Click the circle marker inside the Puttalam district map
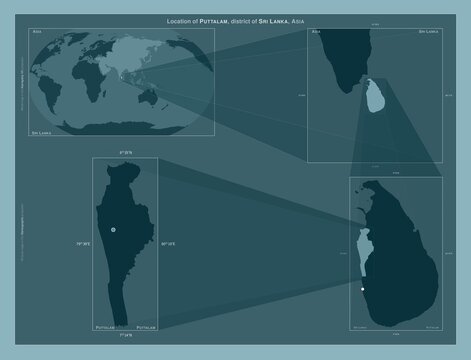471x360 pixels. pyautogui.click(x=114, y=229)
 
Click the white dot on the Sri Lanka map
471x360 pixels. pyautogui.click(x=363, y=289)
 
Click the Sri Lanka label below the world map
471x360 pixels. pyautogui.click(x=42, y=132)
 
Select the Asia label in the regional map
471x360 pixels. pyautogui.click(x=317, y=33)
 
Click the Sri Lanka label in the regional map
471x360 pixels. pyautogui.click(x=429, y=33)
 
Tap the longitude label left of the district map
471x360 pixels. pyautogui.click(x=83, y=242)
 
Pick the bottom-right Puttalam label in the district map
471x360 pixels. pyautogui.click(x=146, y=327)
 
